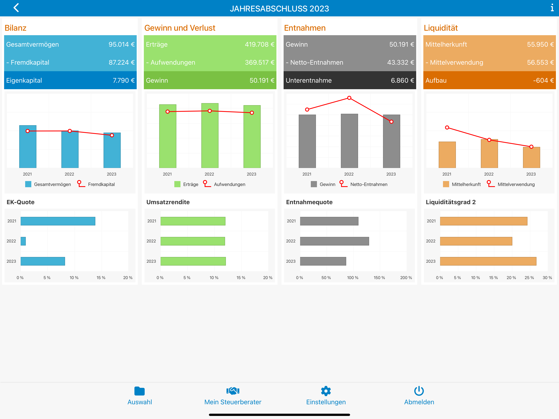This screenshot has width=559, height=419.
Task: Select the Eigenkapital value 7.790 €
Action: coord(124,80)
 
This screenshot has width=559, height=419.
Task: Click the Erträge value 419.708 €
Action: coord(259,44)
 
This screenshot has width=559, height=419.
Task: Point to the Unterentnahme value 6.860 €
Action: coord(402,80)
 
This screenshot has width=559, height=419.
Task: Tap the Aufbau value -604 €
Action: coord(543,80)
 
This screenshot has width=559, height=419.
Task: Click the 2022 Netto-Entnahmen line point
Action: coord(349,98)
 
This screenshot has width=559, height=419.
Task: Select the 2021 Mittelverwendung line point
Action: coord(447,127)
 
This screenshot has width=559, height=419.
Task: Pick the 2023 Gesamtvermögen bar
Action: coord(112,150)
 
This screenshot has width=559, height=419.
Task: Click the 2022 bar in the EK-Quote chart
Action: coord(23,241)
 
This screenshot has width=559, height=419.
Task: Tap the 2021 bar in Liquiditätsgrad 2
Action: coord(483,221)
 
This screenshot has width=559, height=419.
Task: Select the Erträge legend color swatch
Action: coord(177,184)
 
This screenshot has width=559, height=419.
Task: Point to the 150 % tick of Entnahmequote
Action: coord(379,277)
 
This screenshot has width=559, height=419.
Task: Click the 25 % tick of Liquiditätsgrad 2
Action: coord(529,277)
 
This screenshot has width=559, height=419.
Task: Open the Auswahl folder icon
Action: coord(140,391)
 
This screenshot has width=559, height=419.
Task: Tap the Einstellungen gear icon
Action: coord(326,391)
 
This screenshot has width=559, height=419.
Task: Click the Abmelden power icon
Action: coord(419,391)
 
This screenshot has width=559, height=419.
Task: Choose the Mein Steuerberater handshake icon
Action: coord(233,391)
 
